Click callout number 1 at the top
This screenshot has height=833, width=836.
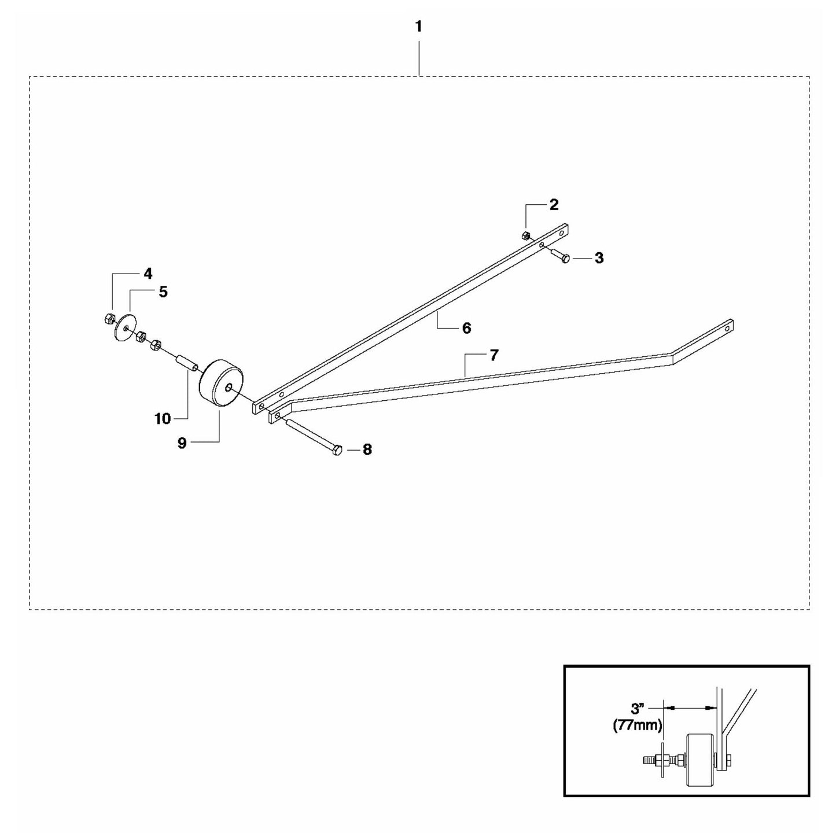click(418, 27)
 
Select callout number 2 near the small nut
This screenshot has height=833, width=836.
click(554, 205)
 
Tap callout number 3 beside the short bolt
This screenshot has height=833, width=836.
click(599, 258)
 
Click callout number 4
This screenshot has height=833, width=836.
click(148, 274)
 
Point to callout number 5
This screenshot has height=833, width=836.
click(163, 292)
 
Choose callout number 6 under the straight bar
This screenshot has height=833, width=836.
click(466, 328)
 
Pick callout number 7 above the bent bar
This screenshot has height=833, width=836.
click(494, 355)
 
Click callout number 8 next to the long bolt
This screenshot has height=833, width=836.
click(367, 449)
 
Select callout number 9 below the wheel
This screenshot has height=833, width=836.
click(182, 443)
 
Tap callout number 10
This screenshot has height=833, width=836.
click(163, 419)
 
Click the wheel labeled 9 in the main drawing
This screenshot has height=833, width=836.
click(221, 384)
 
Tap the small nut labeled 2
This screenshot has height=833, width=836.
click(525, 235)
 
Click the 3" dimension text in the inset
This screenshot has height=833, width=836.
click(636, 709)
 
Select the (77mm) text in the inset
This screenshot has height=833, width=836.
click(638, 725)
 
